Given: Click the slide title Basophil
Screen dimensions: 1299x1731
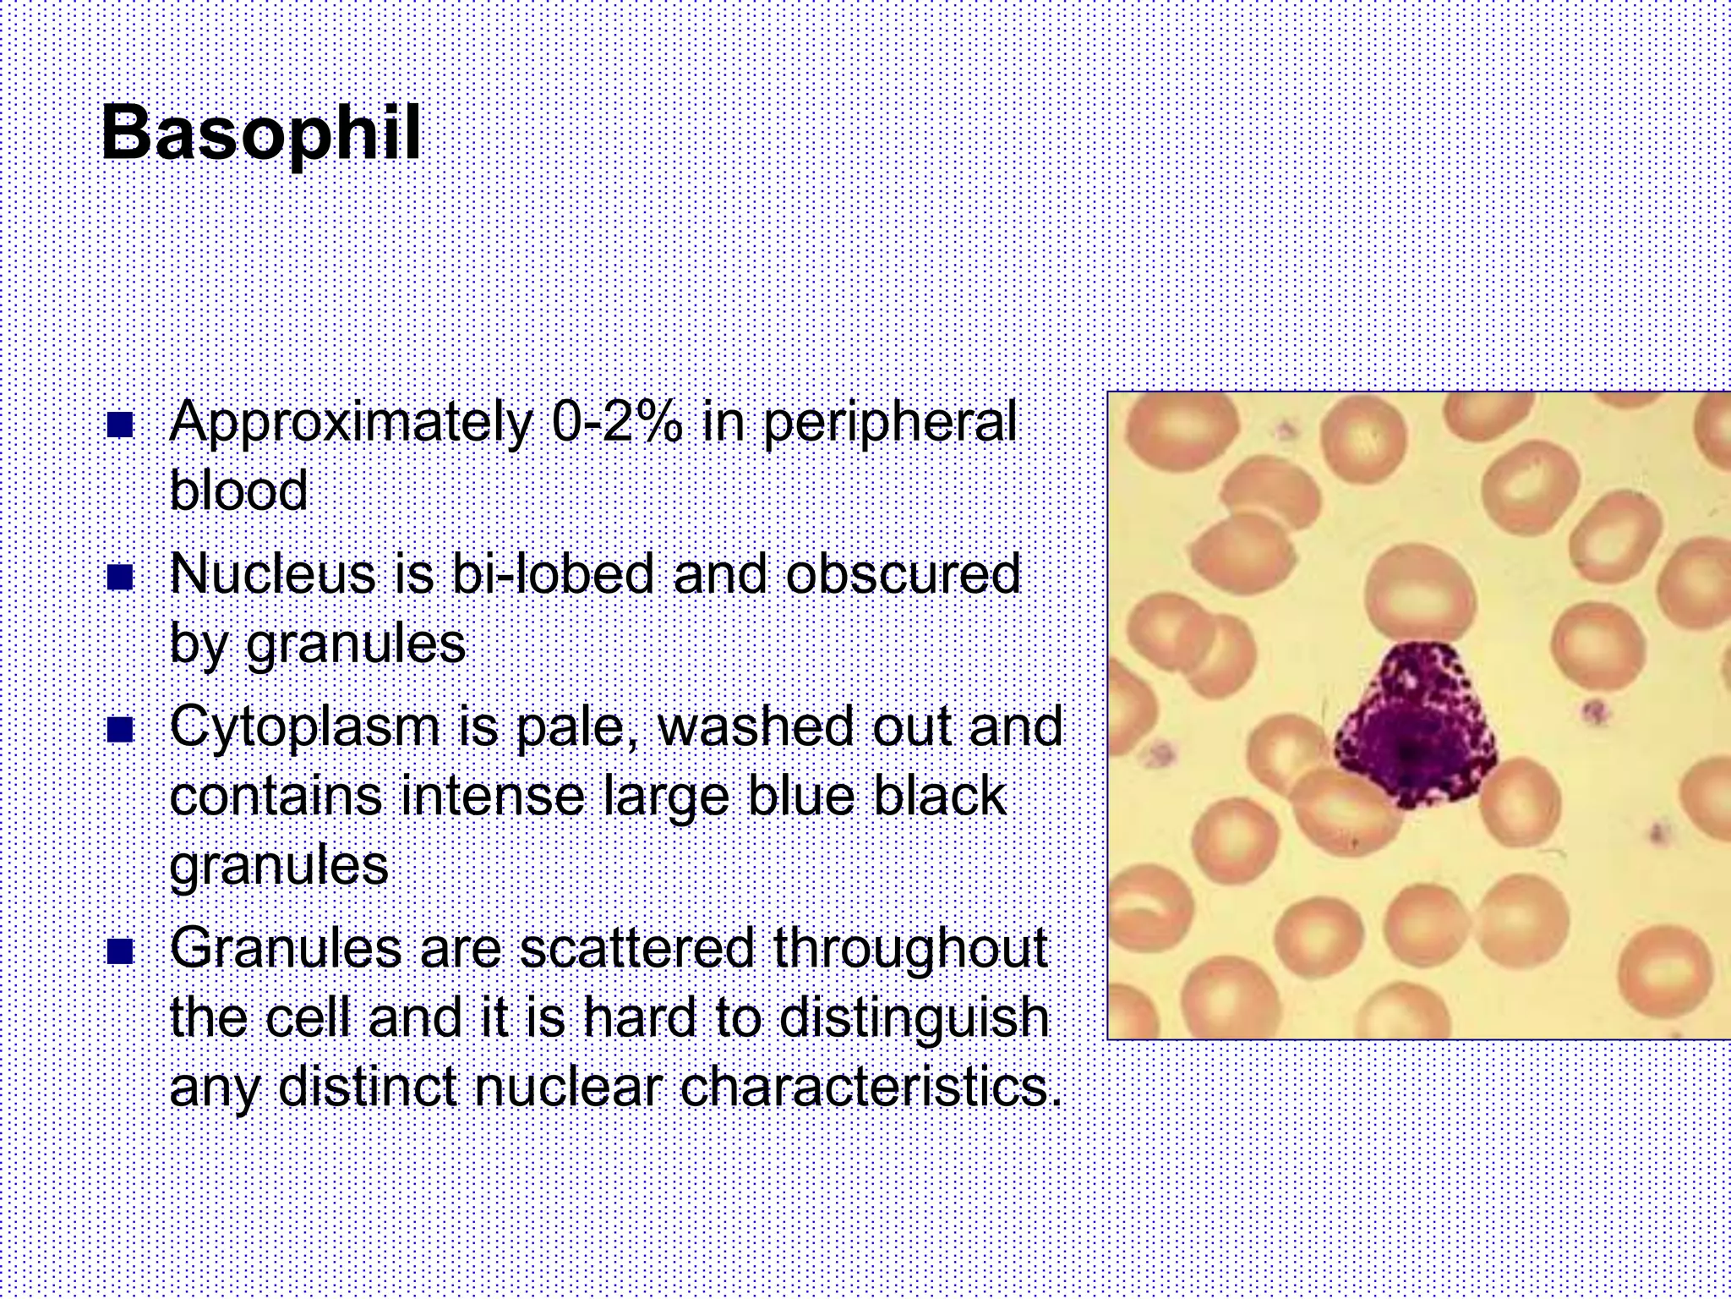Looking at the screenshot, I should click(260, 134).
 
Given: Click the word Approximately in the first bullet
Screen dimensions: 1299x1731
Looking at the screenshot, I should click(351, 424).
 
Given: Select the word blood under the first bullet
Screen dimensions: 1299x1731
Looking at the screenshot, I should click(239, 491).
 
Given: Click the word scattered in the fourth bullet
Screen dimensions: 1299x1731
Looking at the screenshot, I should click(636, 949).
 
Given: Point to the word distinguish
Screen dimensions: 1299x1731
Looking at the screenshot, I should click(913, 1018).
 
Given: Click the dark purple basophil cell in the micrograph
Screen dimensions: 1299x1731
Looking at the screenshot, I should click(1413, 726).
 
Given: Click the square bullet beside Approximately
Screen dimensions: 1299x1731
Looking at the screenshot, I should click(121, 425).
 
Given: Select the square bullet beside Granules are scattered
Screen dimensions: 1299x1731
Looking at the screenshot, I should click(121, 951).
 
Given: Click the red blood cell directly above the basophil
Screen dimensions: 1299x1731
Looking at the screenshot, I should click(1419, 596).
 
